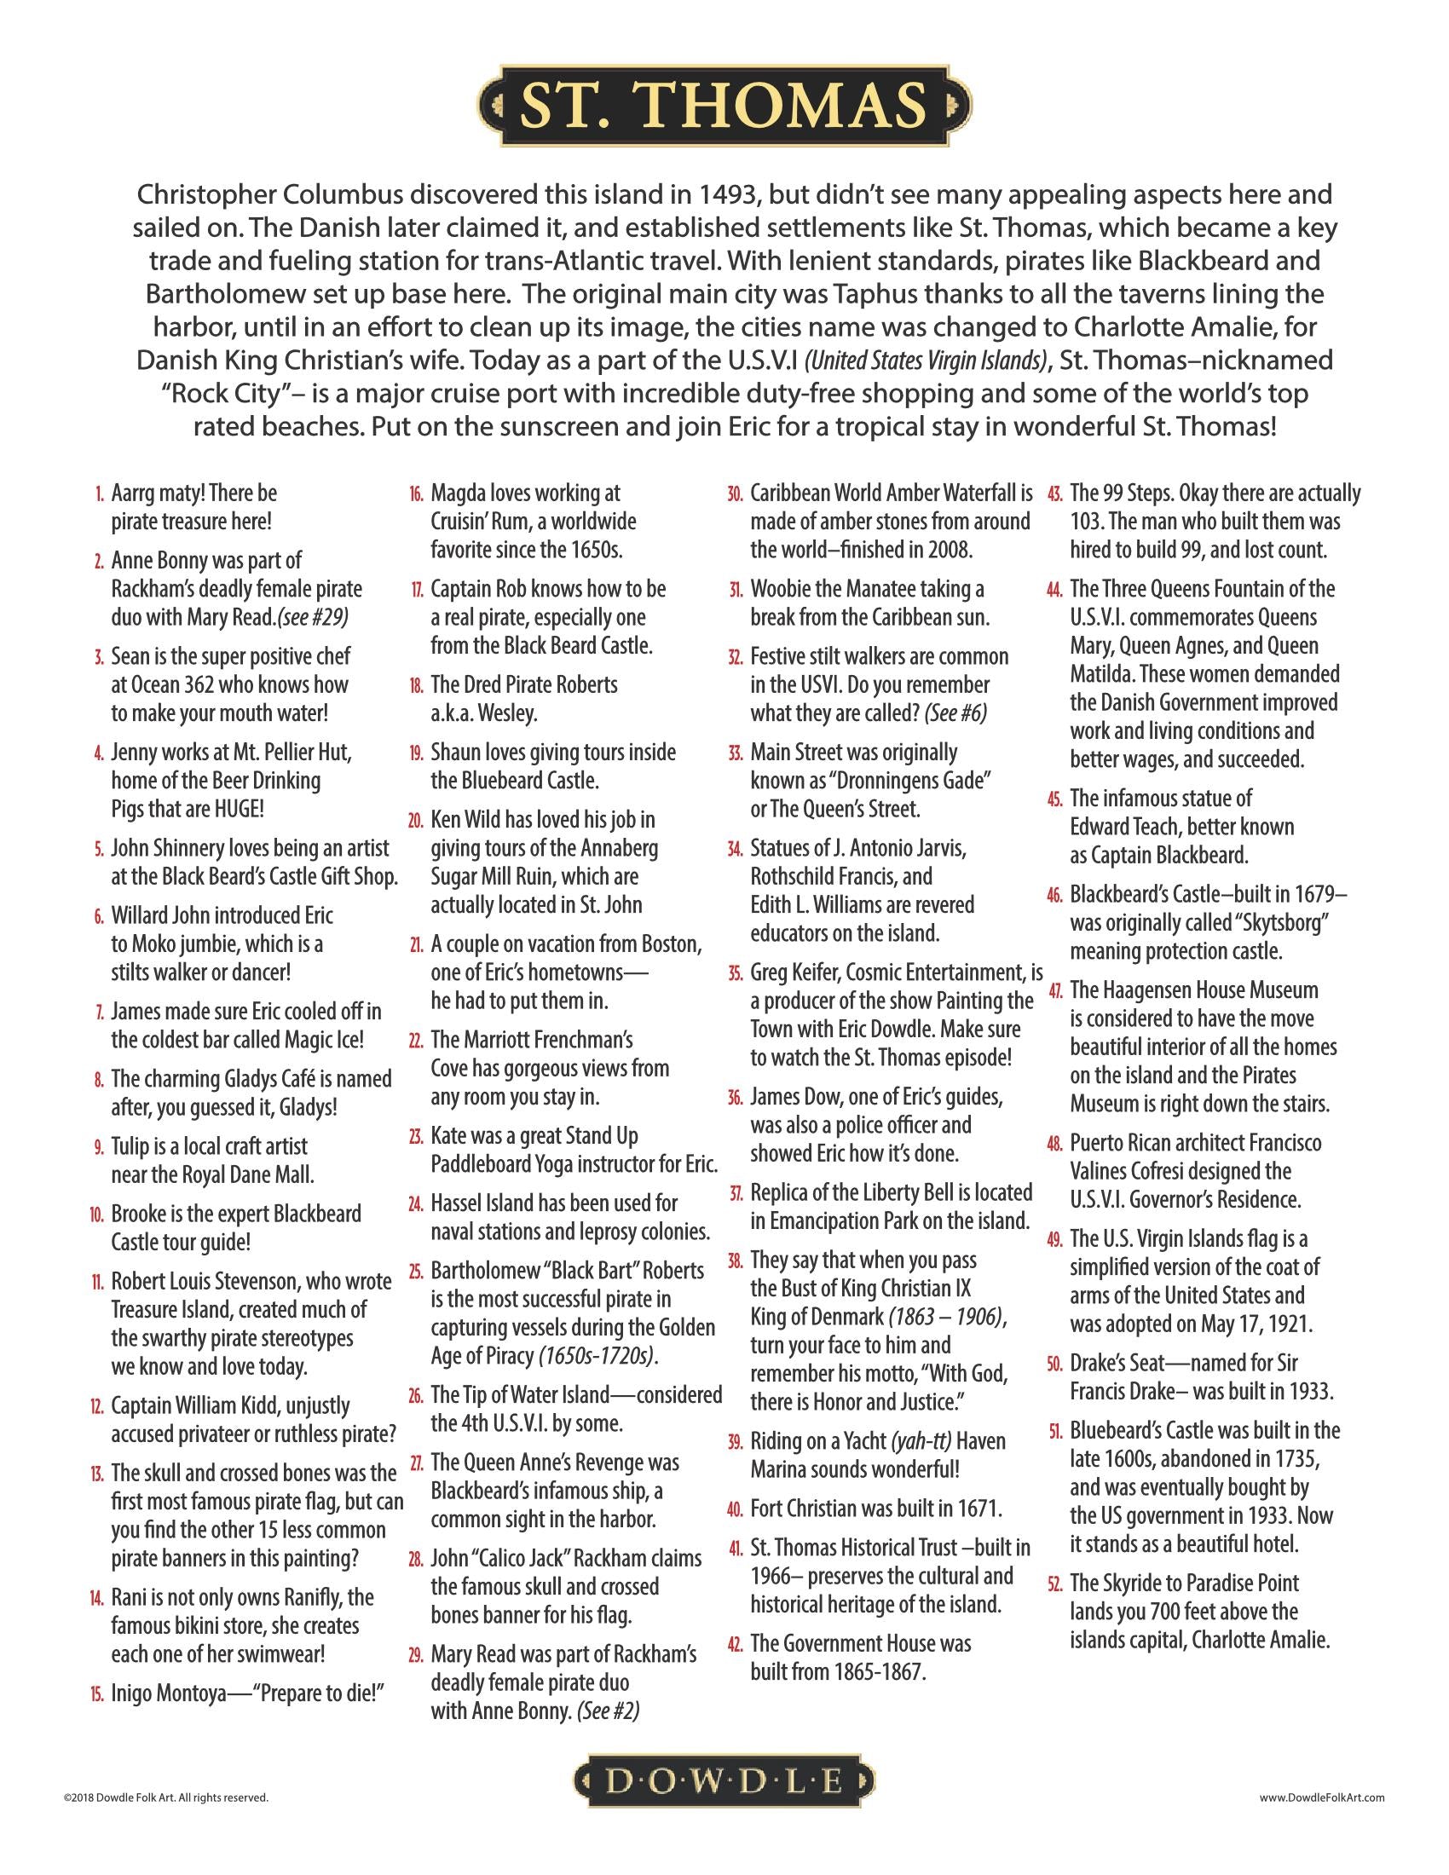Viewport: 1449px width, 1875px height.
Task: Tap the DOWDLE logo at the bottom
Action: pyautogui.click(x=724, y=1782)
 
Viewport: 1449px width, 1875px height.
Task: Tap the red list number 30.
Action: pyautogui.click(x=734, y=494)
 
